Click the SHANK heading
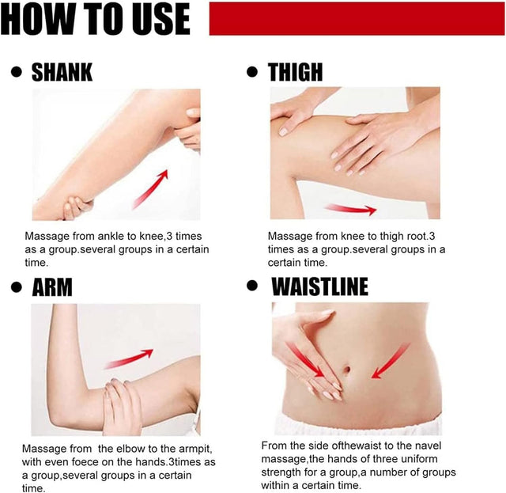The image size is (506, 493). pyautogui.click(x=62, y=72)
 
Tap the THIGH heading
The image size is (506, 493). pyautogui.click(x=295, y=71)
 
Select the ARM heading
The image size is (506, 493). pyautogui.click(x=52, y=287)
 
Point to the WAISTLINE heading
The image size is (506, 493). pyautogui.click(x=319, y=286)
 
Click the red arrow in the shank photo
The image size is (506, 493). pyautogui.click(x=151, y=188)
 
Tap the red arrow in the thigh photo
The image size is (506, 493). pyautogui.click(x=351, y=209)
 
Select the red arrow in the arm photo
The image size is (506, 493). pyautogui.click(x=129, y=358)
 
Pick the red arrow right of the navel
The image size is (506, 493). pyautogui.click(x=390, y=361)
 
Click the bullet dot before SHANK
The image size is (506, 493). pyautogui.click(x=16, y=72)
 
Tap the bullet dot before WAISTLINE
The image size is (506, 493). pyautogui.click(x=252, y=285)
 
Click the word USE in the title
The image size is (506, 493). pyautogui.click(x=158, y=18)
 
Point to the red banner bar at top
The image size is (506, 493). pyautogui.click(x=357, y=18)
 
